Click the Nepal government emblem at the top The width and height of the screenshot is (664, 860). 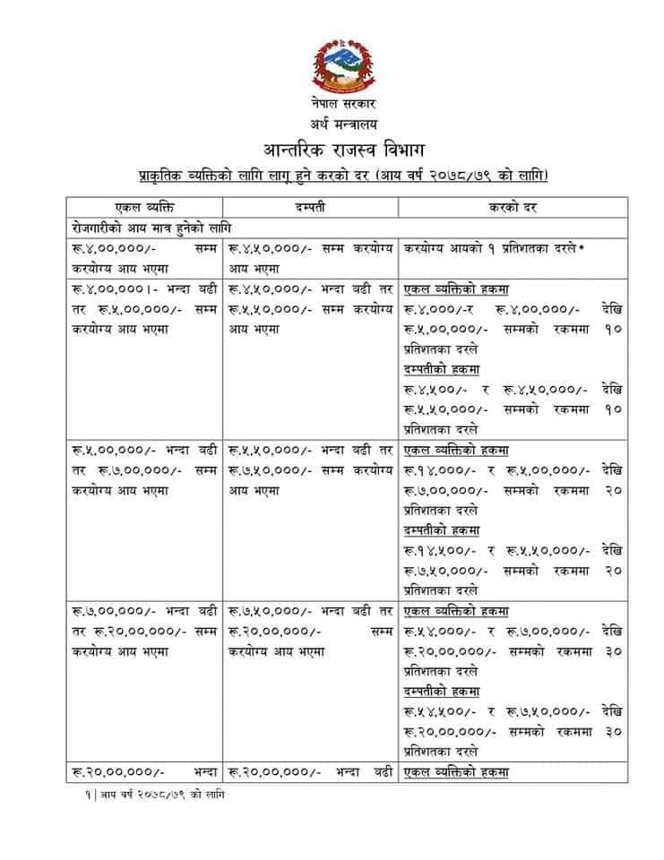(x=338, y=66)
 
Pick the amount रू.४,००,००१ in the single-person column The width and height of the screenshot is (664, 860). (x=105, y=289)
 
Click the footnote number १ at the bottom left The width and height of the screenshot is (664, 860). (x=77, y=795)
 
